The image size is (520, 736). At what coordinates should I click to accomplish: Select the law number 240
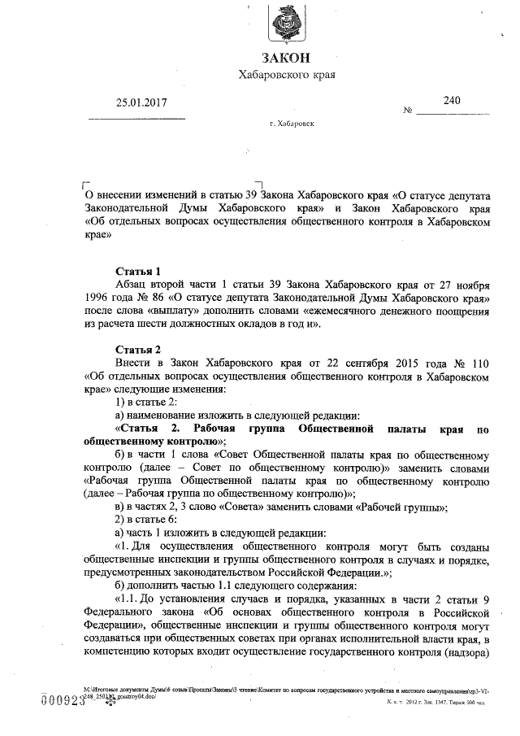click(x=452, y=100)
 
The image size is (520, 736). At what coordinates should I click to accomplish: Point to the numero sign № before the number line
click(x=409, y=110)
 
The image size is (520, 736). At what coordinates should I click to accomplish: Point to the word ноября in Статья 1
click(x=468, y=285)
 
